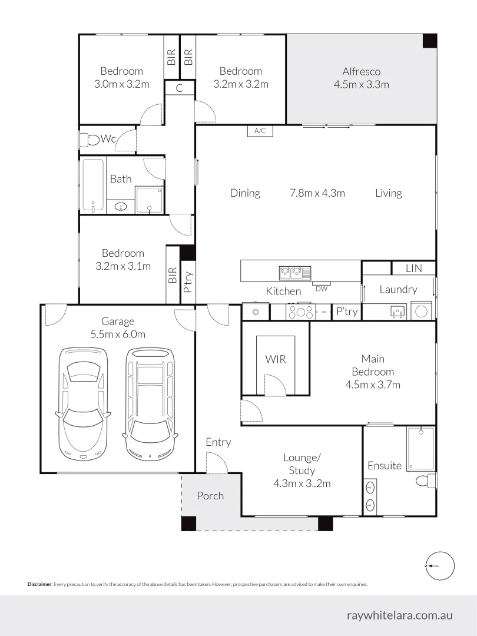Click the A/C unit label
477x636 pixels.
coord(260,131)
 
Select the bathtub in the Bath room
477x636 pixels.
coord(93,185)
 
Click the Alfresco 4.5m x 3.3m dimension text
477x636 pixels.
coord(366,84)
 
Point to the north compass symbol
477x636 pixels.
coord(439,566)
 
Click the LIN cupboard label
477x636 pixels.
coord(414,268)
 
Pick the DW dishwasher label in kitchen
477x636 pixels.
coord(322,289)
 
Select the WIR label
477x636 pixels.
coord(275,359)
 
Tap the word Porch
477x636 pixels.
coord(210,496)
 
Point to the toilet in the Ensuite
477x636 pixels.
coord(425,481)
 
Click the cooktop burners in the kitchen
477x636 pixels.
coord(300,311)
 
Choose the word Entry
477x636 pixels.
coord(218,442)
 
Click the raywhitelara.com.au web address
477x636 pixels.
coord(400,615)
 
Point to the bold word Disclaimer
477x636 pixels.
coord(40,584)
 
